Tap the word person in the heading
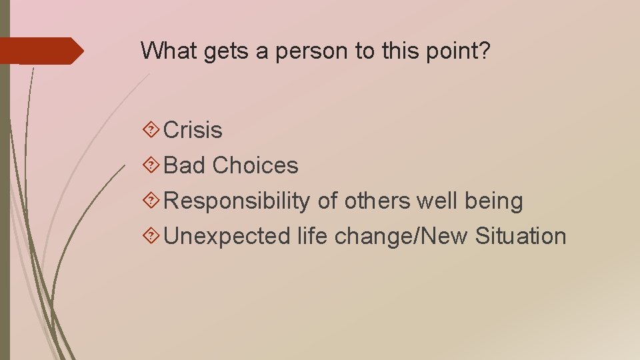coord(303,51)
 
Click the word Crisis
coord(193,130)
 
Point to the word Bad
coord(185,165)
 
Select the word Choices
coord(255,165)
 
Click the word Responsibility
coord(237,201)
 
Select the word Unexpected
coord(227,236)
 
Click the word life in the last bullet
coord(313,236)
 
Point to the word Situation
coord(521,236)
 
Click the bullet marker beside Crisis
coord(151,130)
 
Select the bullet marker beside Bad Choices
coord(151,165)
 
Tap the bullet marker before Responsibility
coord(151,201)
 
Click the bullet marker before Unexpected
coord(151,236)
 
